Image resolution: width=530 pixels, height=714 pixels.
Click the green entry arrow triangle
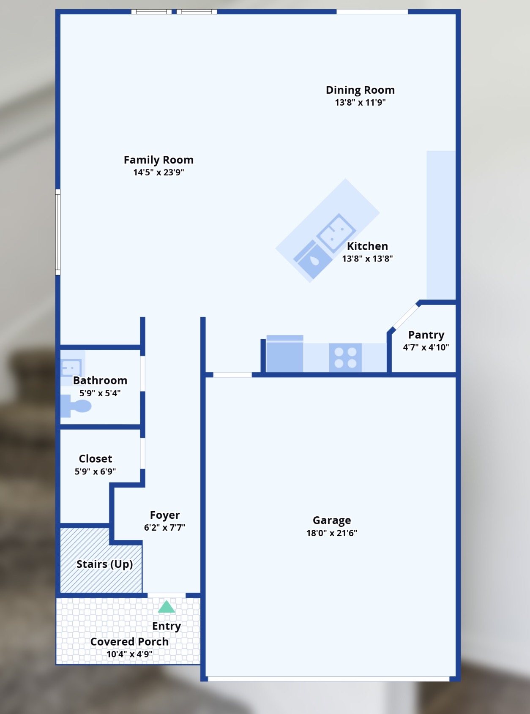tap(167, 607)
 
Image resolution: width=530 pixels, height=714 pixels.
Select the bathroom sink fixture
tap(71, 368)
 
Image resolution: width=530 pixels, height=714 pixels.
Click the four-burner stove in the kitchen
tap(345, 357)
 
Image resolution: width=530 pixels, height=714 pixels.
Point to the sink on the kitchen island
tap(336, 233)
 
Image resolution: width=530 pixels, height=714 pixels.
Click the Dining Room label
tap(360, 90)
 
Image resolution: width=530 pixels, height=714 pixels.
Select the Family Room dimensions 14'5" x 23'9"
tap(158, 172)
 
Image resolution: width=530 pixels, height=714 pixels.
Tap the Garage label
tap(332, 520)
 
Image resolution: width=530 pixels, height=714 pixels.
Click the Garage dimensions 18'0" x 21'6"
tap(332, 533)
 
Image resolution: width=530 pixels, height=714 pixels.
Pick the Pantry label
tap(426, 335)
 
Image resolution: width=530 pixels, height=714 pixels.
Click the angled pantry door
tap(406, 316)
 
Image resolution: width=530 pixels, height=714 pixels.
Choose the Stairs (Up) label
tap(104, 564)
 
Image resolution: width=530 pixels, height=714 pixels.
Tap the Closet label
tap(96, 459)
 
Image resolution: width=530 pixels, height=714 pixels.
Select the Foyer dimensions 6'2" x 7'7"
tap(164, 528)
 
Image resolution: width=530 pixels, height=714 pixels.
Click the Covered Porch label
tap(129, 642)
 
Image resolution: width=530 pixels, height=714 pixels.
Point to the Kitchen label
tap(367, 246)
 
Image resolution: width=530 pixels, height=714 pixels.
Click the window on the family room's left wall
tap(58, 232)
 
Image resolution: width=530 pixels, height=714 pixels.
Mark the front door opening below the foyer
tap(167, 595)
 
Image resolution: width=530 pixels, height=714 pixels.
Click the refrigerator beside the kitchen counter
tap(284, 354)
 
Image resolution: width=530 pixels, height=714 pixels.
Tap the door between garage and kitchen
tap(232, 375)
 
